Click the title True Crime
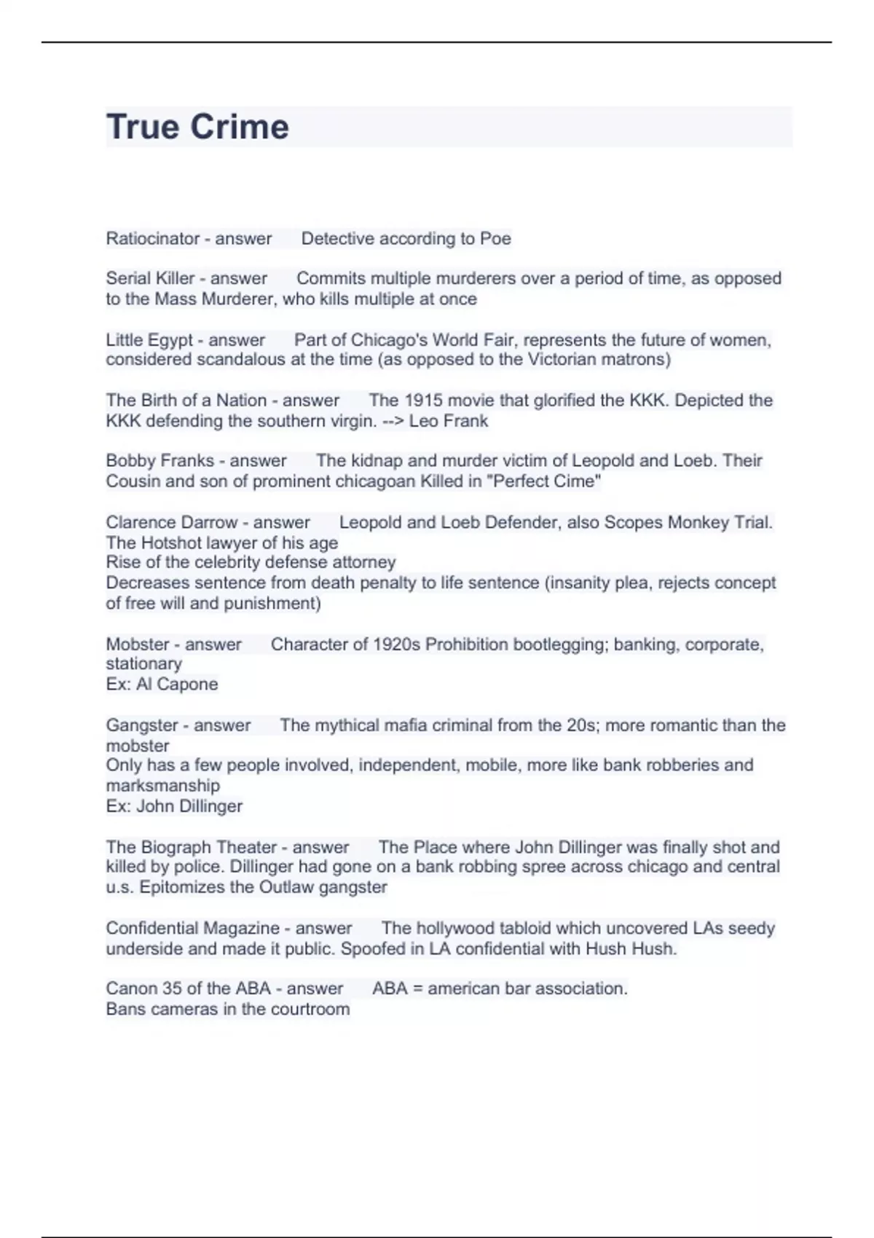pyautogui.click(x=197, y=127)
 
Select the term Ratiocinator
pyautogui.click(x=152, y=239)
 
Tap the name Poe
pyautogui.click(x=495, y=239)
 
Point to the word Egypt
pyautogui.click(x=170, y=340)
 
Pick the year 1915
pyautogui.click(x=423, y=401)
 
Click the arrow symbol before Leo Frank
pyautogui.click(x=393, y=421)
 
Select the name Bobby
pyautogui.click(x=128, y=461)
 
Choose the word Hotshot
pyautogui.click(x=173, y=543)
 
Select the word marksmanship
pyautogui.click(x=162, y=786)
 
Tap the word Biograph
pyautogui.click(x=175, y=848)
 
